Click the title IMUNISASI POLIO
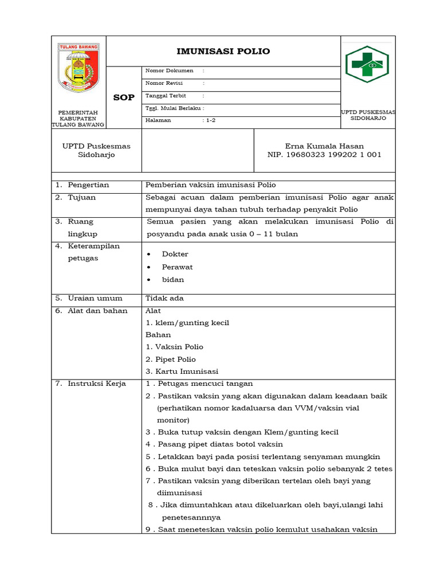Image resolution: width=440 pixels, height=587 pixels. click(x=223, y=52)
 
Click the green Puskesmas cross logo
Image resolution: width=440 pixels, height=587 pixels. click(x=367, y=65)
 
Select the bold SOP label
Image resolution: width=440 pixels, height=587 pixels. click(x=124, y=97)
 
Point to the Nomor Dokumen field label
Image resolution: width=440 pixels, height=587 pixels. click(x=170, y=71)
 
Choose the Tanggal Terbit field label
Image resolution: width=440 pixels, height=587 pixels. click(x=166, y=96)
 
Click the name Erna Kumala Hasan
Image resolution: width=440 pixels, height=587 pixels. click(x=324, y=146)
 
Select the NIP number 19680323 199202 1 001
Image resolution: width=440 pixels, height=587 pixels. click(x=324, y=155)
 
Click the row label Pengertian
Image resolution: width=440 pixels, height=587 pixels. click(x=88, y=185)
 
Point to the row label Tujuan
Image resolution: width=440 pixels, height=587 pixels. click(x=82, y=197)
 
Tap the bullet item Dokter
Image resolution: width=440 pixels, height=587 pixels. click(x=175, y=254)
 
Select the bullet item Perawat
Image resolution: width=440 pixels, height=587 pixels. click(x=177, y=267)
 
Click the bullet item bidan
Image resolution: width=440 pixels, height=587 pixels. click(x=173, y=280)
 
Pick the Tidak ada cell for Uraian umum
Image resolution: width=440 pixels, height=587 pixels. click(x=164, y=298)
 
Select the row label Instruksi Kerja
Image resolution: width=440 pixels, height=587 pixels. click(x=96, y=383)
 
